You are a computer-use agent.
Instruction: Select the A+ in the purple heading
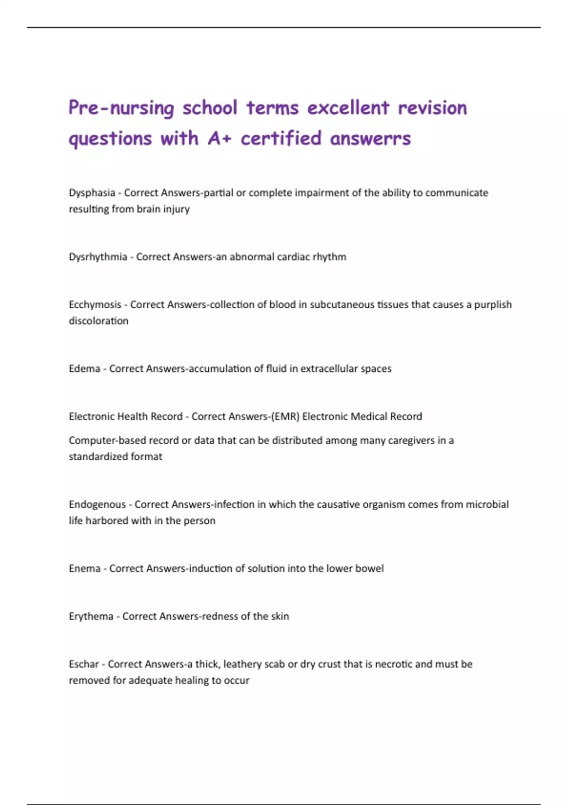(x=219, y=139)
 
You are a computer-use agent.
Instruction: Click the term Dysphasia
(x=92, y=193)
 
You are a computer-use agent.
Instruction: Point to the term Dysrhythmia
(x=98, y=257)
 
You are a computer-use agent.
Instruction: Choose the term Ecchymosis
(x=95, y=304)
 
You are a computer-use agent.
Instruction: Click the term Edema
(x=84, y=368)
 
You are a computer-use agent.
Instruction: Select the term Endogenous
(x=97, y=504)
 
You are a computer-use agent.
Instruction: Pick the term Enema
(x=84, y=568)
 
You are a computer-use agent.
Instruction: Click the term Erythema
(x=91, y=616)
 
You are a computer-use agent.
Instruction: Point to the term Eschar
(x=84, y=664)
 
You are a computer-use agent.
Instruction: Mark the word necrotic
(x=393, y=664)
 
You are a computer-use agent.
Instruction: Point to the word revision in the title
(x=432, y=108)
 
